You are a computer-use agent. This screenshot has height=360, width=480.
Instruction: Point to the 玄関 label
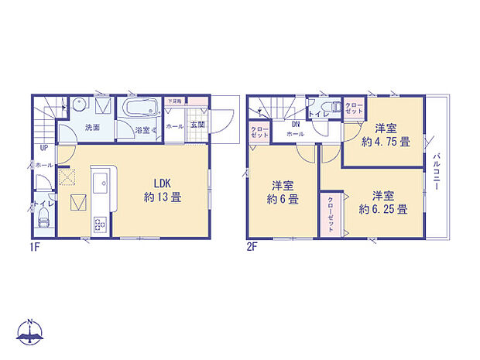point(197,125)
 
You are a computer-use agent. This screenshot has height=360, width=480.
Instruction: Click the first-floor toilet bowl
point(43,221)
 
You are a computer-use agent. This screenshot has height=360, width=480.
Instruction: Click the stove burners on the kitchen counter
point(101,224)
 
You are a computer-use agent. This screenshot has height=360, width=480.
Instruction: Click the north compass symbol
point(29,332)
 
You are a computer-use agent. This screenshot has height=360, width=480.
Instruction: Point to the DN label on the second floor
point(295,124)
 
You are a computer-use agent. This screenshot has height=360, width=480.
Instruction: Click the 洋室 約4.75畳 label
point(385,135)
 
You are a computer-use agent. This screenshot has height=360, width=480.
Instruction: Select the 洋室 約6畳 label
point(283,192)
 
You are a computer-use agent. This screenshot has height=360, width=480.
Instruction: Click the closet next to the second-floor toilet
point(354,108)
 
